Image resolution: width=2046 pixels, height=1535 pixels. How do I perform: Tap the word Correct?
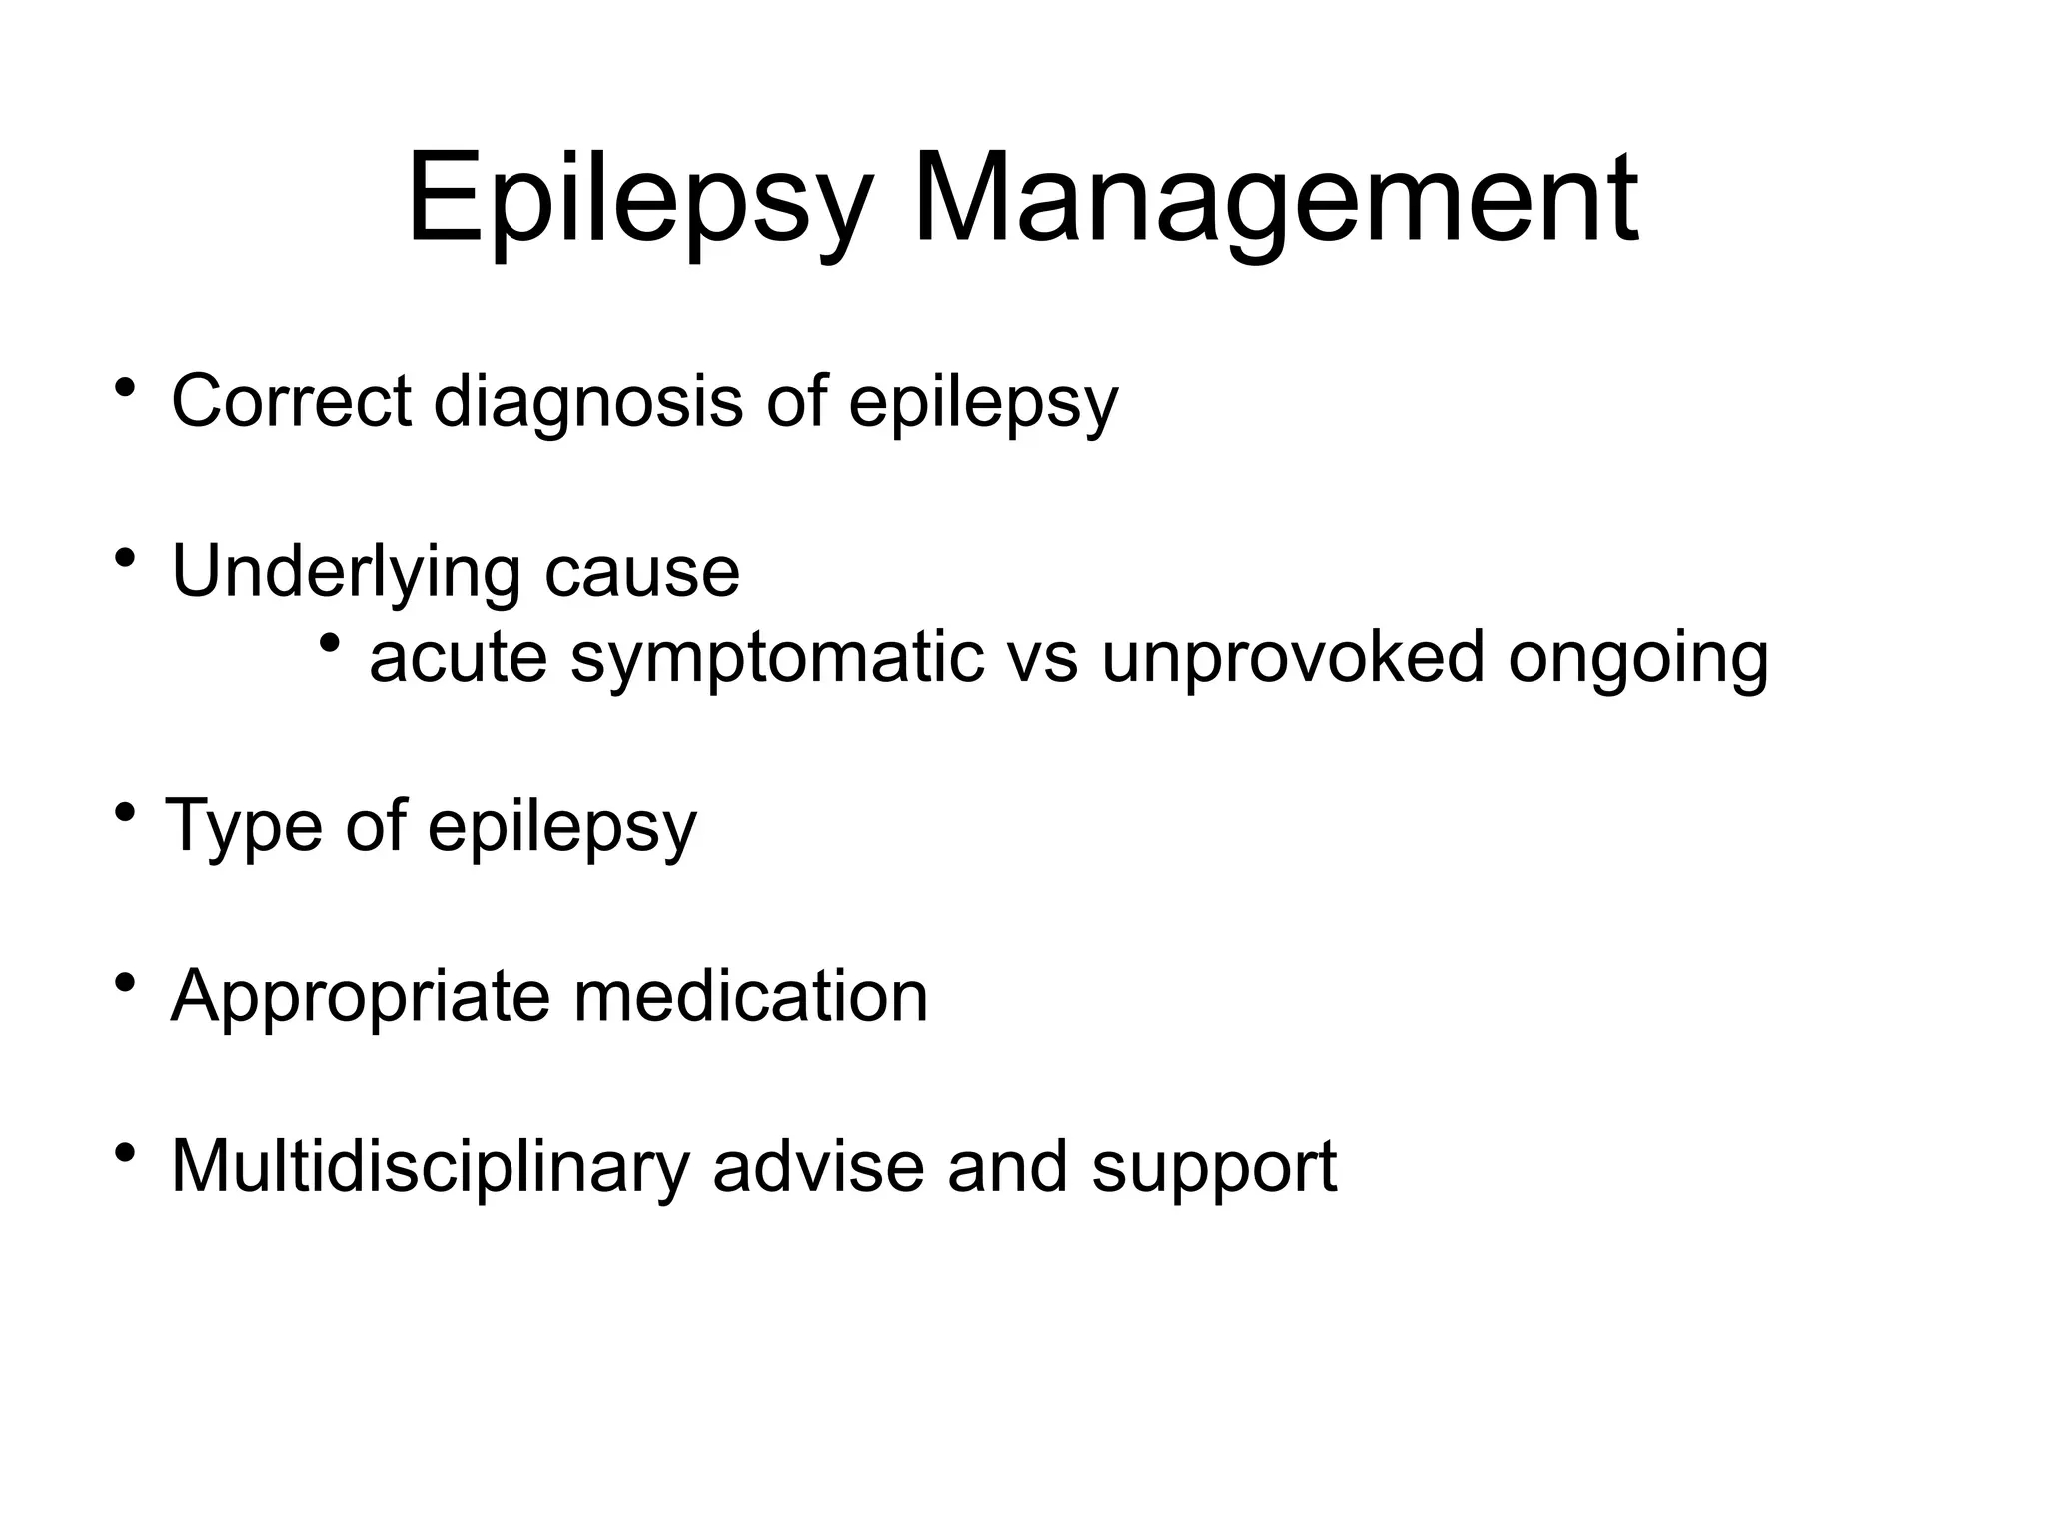291,401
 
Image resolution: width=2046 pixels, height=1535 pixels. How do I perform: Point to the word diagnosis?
587,401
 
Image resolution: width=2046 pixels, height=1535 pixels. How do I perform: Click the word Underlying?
346,572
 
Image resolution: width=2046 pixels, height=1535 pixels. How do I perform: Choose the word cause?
642,572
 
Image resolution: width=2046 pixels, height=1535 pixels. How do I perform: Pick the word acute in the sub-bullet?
458,658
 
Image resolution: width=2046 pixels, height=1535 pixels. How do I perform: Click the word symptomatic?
777,658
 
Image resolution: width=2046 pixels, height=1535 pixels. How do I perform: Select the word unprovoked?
1293,658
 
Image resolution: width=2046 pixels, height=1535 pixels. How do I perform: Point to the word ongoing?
1638,658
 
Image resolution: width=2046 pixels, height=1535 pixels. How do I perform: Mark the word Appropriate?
360,997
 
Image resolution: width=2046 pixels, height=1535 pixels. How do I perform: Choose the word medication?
750,997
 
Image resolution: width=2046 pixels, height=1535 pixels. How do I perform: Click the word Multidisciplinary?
431,1167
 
